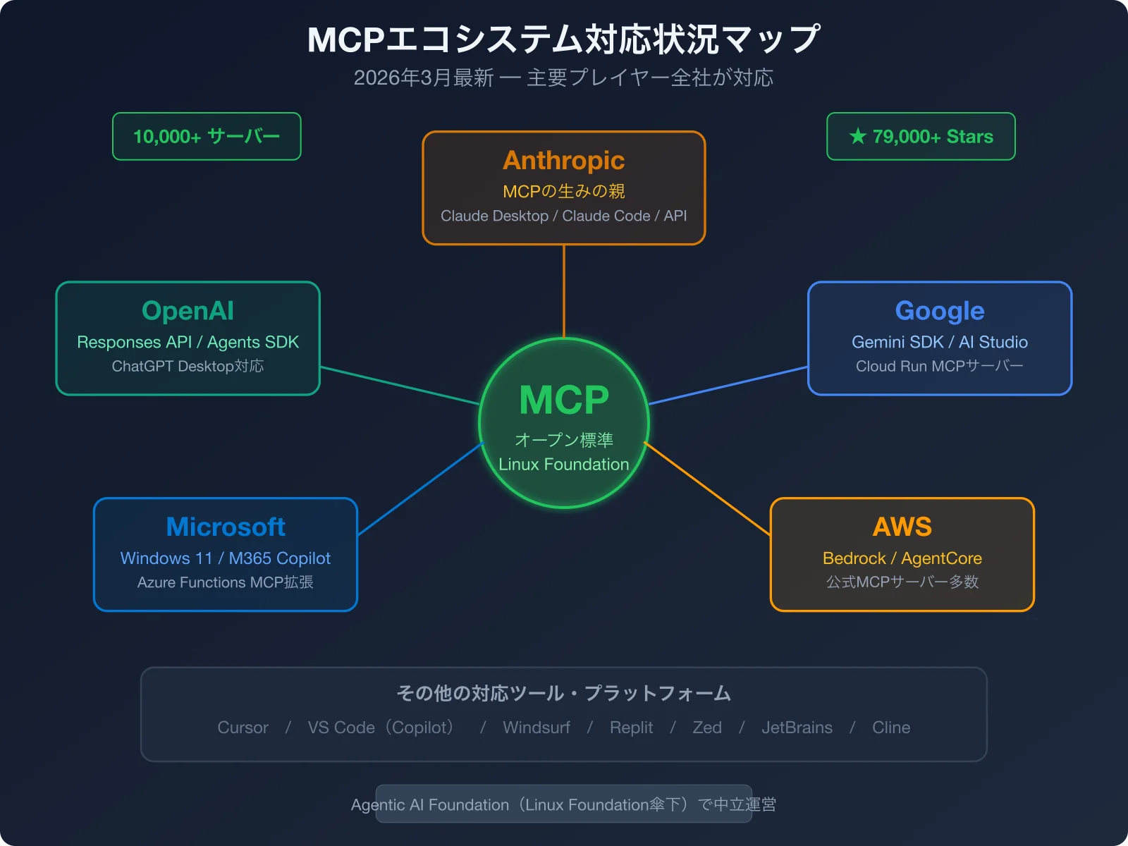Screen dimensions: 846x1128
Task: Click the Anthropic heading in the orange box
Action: [563, 161]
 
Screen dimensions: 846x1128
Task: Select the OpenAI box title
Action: [188, 311]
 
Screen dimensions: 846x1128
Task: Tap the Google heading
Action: [939, 311]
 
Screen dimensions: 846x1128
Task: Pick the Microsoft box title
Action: [226, 527]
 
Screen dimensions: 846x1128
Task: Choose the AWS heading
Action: [902, 527]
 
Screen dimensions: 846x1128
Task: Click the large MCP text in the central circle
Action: [563, 400]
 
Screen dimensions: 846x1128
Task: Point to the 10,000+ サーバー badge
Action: [207, 136]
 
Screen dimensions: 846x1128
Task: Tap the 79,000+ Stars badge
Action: [921, 136]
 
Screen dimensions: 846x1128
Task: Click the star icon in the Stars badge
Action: [857, 136]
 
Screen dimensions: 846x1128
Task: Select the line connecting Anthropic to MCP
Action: [564, 290]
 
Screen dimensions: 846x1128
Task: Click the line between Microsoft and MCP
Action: [421, 489]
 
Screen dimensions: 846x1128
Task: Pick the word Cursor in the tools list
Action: [243, 728]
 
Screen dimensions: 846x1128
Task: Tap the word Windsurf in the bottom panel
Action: [536, 728]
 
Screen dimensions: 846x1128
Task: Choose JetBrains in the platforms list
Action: [797, 728]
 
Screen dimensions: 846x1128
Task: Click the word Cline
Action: [890, 728]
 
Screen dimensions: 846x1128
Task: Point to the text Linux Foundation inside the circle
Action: [563, 465]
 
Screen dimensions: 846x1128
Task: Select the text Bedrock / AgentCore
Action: [902, 558]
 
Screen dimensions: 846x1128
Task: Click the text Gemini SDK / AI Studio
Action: [939, 342]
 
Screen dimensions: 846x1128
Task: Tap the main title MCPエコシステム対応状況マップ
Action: [563, 39]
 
